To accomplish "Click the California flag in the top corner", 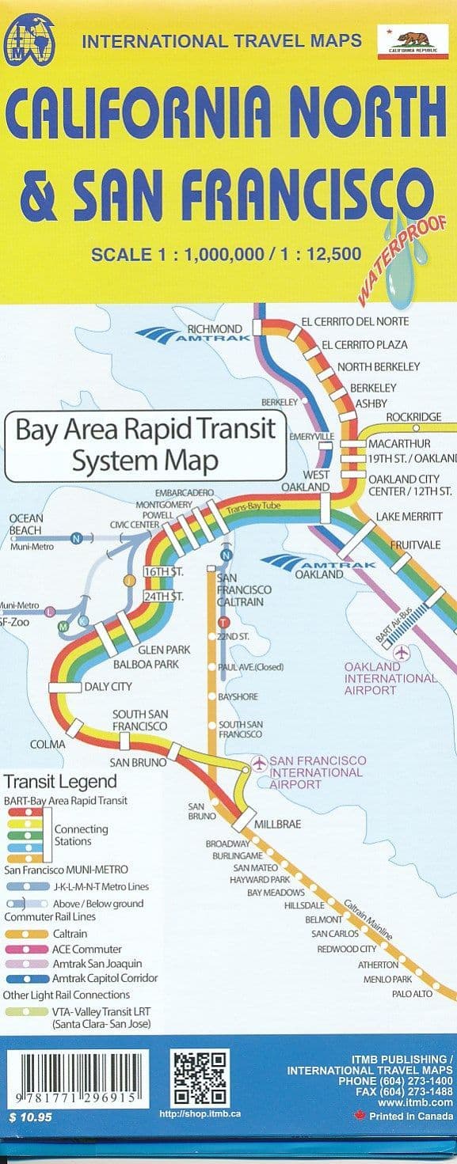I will point(410,41).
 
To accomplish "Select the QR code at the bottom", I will point(200,1077).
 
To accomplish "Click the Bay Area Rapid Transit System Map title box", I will point(146,446).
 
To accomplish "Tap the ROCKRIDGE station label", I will point(413,417).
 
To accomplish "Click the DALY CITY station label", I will point(108,686).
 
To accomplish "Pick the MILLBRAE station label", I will point(277,824).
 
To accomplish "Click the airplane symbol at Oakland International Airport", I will point(402,653).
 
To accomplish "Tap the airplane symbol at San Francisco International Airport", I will point(259,762).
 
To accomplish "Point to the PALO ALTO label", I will point(412,994).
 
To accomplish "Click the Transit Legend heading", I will point(60,782).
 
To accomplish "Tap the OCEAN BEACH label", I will point(26,524).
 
